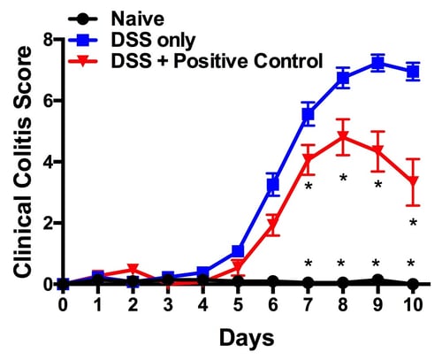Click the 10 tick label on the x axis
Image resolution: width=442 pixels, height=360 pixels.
coord(411,304)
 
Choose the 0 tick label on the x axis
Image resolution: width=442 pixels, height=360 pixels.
coord(63,304)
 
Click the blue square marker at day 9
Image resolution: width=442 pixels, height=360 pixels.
coord(377,63)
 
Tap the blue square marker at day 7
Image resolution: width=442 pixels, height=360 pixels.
coord(308,114)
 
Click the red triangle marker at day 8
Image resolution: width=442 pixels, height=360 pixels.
coord(343,137)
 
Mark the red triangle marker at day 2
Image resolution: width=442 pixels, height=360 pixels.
coord(133,270)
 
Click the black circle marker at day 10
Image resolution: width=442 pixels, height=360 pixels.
coord(412,284)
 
